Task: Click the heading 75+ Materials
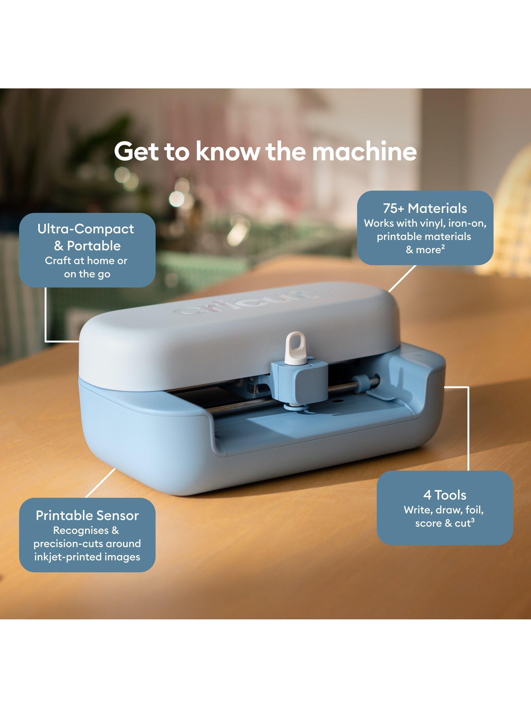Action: coord(425,208)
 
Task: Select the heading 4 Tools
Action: coord(445,495)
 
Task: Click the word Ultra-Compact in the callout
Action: coord(86,229)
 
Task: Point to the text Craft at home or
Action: coord(86,261)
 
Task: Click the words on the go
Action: coord(87,274)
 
